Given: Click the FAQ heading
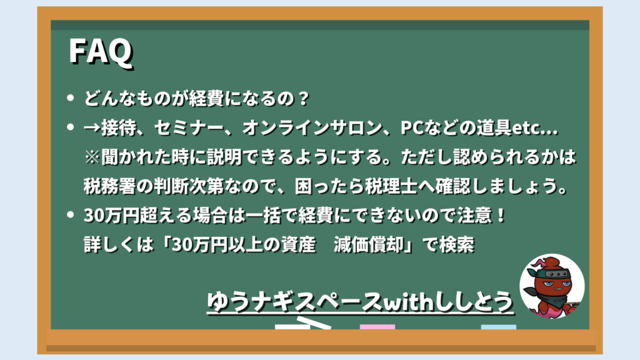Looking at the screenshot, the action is coord(101,51).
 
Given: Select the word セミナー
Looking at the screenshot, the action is coord(189,127).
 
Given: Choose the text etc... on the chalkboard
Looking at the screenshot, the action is coord(534,128).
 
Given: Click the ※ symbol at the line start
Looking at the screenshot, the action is coord(92,157).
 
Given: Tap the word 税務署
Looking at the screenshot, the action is coord(109,186).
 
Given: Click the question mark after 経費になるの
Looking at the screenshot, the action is coord(303,98).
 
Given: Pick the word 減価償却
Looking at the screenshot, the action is coord(368,245).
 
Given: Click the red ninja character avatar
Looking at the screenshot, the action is coord(552,286).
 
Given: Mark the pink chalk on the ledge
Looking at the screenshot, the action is coord(377,327).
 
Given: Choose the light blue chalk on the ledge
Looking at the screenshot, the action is coord(498,327).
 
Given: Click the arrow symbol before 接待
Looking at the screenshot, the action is coord(92,128).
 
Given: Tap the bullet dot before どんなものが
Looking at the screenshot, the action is coord(71,98).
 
